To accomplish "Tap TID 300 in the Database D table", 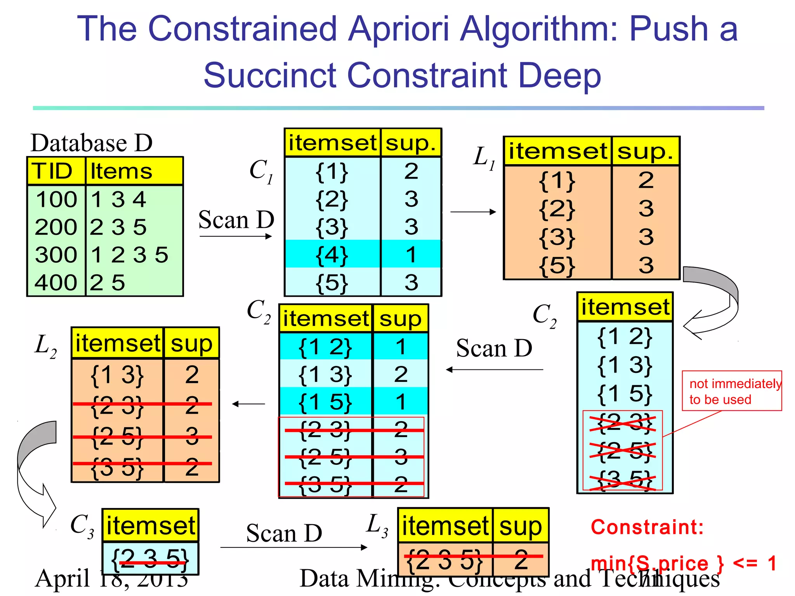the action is pos(56,255).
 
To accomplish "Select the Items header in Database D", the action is pos(121,171).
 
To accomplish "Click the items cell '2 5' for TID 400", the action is pos(108,282).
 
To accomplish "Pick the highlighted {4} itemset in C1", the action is pos(332,255).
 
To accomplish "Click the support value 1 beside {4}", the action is pos(411,255).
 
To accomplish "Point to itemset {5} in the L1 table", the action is pos(557,265).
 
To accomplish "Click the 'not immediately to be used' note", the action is pos(732,391).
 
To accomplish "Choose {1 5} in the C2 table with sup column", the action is pos(325,402).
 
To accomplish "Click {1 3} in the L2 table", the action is pos(117,375).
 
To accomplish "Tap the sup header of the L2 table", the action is pos(191,343).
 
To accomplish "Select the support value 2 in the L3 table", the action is pos(521,559).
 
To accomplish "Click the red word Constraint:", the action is pos(647,527).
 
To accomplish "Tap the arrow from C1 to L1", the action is pos(473,212).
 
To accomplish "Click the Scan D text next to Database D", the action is pos(236,220).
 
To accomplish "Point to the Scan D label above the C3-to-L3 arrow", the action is pos(284,533).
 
